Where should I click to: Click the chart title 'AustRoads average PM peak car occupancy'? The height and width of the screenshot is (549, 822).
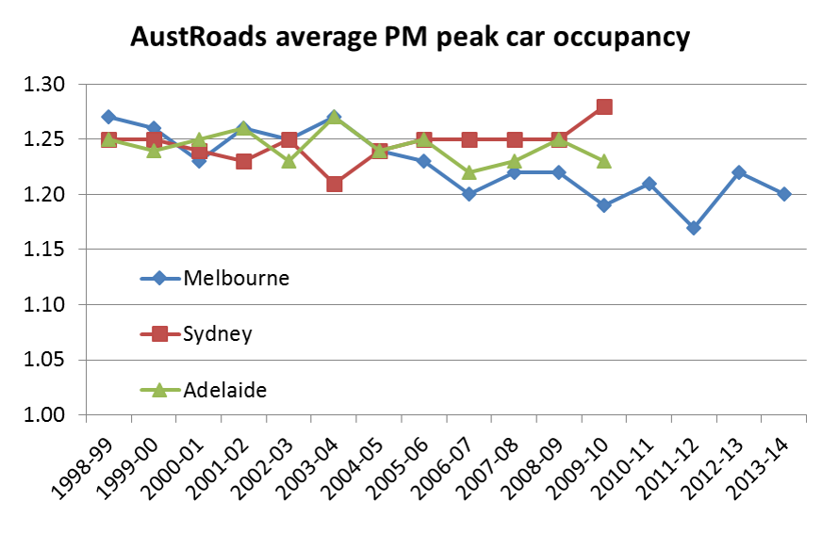click(x=410, y=38)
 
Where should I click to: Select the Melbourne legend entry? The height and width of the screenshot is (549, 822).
click(x=237, y=278)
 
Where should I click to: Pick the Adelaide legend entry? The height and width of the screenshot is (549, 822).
click(x=225, y=389)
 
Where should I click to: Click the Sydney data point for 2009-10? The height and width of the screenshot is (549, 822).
click(x=604, y=106)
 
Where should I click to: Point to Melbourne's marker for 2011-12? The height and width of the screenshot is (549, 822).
click(x=694, y=228)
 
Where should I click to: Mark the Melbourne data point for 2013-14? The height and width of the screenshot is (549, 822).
click(x=784, y=194)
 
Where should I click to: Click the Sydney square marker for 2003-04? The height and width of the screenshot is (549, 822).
click(x=334, y=184)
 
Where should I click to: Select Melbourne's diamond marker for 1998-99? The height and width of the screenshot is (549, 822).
click(x=108, y=117)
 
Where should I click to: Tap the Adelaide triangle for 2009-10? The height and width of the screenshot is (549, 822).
click(x=604, y=161)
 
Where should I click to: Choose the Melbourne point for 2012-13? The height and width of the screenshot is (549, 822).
click(x=739, y=172)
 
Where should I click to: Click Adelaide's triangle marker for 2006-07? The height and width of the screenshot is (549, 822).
click(x=469, y=172)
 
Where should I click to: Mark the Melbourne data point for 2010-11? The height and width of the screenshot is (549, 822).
click(x=649, y=184)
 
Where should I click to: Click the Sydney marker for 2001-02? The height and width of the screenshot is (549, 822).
click(x=244, y=161)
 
